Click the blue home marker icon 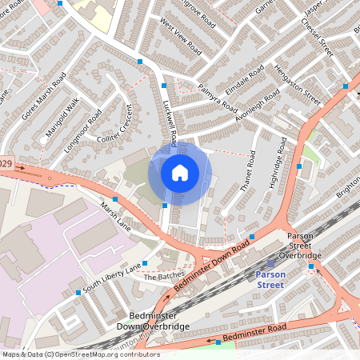[x=180, y=172]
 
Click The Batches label [x=164, y=276]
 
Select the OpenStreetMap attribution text [x=80, y=354]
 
